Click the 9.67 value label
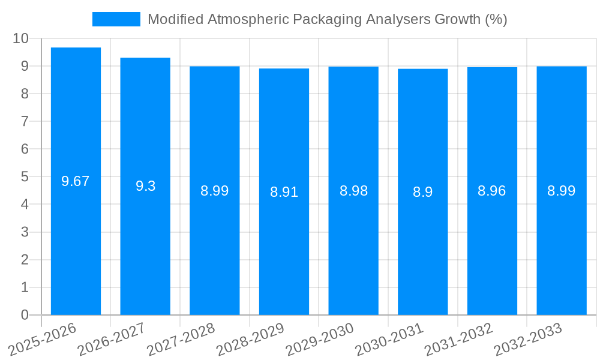76,181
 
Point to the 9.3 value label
145,186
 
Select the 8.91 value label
284,192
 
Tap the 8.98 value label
353,191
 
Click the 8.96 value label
492,191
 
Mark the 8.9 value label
422,192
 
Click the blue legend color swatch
116,19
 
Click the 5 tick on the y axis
25,177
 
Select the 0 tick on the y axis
25,315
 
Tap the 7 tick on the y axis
25,121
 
